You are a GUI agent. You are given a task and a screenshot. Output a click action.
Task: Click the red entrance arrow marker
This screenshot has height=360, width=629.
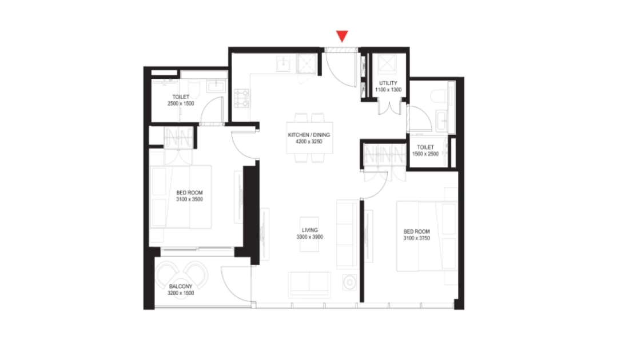(x=342, y=36)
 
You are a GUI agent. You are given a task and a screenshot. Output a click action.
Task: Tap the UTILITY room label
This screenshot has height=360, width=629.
(x=388, y=83)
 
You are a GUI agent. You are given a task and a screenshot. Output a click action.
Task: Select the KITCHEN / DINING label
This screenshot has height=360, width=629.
(x=309, y=135)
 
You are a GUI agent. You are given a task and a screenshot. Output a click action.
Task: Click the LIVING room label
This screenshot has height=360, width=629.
(x=310, y=230)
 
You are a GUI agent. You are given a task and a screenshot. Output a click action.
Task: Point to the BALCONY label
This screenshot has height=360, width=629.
(x=181, y=286)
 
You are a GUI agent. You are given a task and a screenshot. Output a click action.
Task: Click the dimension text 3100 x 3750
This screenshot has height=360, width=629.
(x=417, y=238)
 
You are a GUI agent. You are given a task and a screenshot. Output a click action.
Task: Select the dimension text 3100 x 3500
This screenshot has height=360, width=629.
(x=189, y=199)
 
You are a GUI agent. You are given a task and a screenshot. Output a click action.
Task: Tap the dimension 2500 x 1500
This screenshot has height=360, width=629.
(x=181, y=103)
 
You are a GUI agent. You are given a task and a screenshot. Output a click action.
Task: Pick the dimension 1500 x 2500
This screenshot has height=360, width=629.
(x=425, y=154)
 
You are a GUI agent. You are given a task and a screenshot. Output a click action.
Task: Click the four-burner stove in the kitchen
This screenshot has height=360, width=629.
(x=241, y=98)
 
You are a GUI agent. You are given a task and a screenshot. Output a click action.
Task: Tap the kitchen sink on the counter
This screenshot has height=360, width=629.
(x=284, y=64)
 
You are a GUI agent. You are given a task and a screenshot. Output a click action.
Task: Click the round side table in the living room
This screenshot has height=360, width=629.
(x=350, y=283)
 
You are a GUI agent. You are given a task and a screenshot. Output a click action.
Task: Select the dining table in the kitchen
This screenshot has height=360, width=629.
(x=310, y=138)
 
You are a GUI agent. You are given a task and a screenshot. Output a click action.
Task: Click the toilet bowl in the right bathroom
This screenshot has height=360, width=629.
(x=439, y=96)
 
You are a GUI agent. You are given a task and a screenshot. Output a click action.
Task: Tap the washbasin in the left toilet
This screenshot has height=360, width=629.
(x=216, y=86)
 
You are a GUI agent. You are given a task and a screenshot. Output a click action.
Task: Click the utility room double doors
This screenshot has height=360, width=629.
(x=389, y=107)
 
